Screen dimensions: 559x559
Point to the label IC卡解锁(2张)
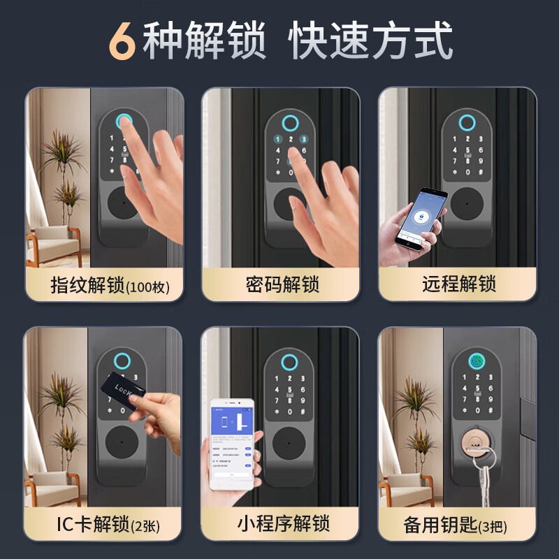point(108,524)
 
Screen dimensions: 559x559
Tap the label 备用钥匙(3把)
point(458,524)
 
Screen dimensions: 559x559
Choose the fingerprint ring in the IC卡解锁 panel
point(122,363)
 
